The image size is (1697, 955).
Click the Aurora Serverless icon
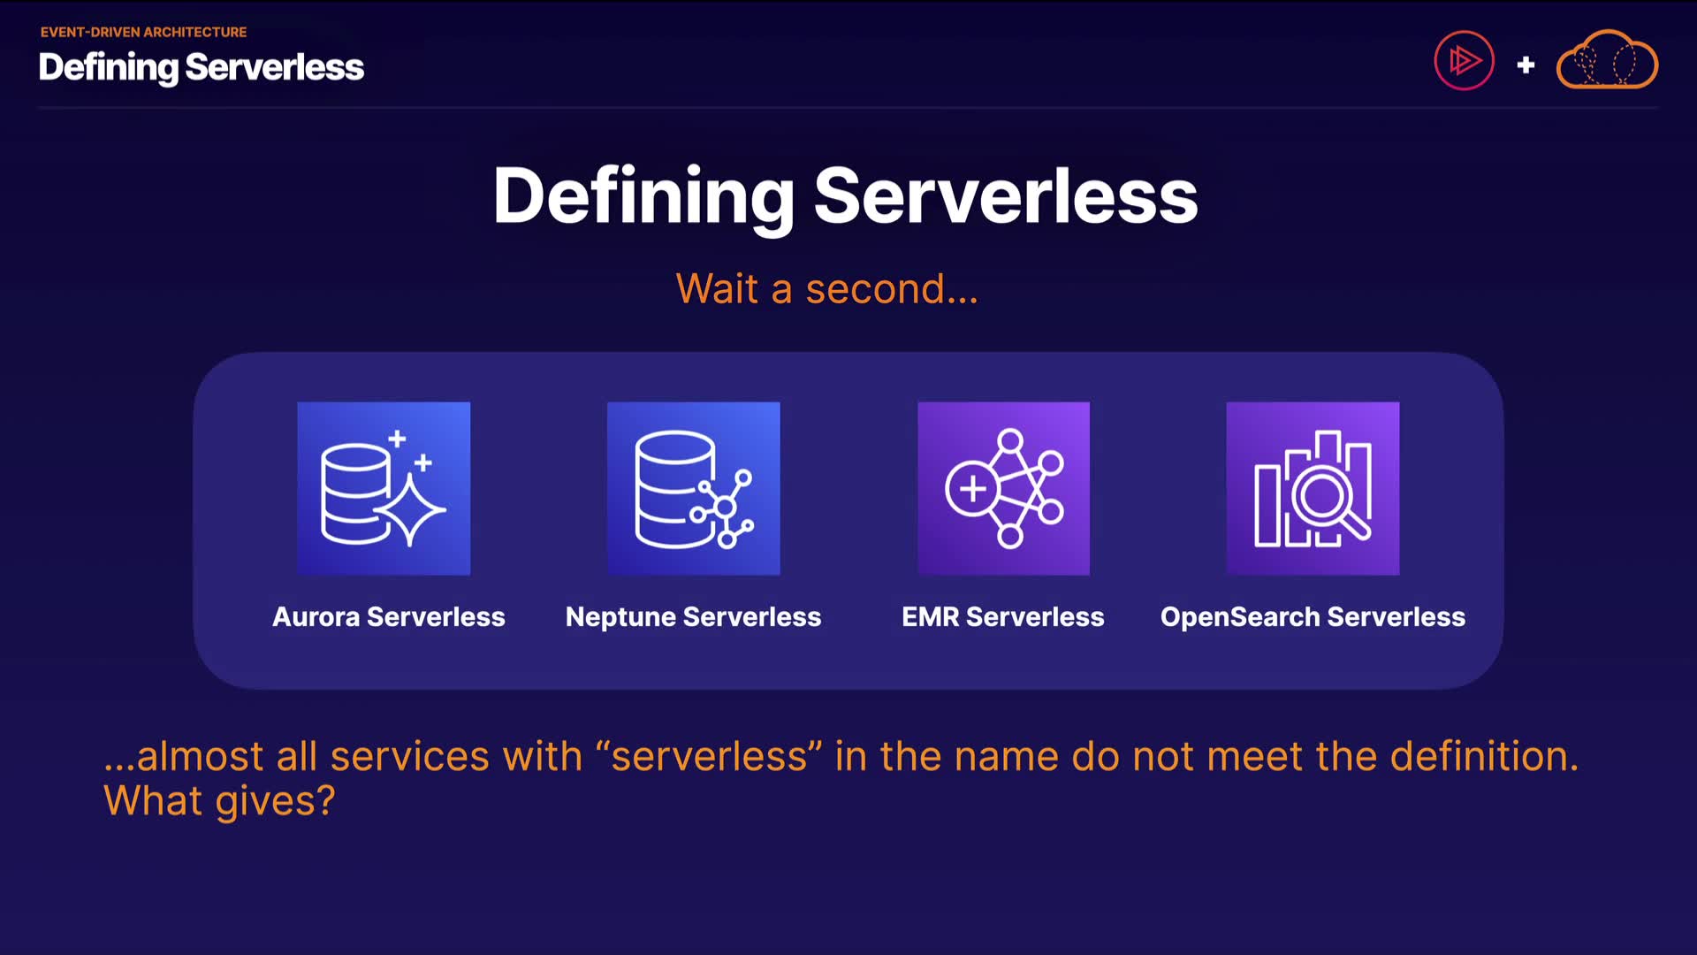coord(384,488)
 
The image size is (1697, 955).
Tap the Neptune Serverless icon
coord(694,488)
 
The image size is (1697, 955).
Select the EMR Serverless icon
coord(1003,488)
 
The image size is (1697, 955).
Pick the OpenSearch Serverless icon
coord(1313,488)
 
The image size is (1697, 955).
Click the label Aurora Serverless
coord(389,616)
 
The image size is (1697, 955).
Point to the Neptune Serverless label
coord(694,617)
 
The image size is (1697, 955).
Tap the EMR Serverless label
coord(1003,616)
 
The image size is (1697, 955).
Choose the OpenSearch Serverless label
coord(1313,617)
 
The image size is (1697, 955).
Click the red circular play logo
coord(1464,60)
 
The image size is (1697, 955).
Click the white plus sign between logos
coord(1526,65)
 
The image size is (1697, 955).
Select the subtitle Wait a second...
coord(827,289)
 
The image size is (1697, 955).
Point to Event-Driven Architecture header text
coord(143,32)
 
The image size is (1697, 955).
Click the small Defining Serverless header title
coord(202,67)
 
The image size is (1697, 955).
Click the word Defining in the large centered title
coord(644,199)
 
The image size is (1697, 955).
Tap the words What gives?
coord(219,802)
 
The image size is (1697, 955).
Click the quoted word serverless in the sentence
coord(710,757)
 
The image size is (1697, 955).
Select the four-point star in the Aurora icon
coord(409,510)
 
